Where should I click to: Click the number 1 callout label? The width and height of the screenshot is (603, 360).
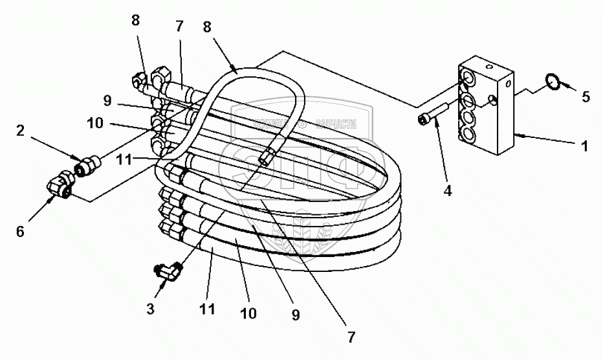(x=585, y=147)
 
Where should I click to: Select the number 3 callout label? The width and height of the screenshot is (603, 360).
(x=150, y=309)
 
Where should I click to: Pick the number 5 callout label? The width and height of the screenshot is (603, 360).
(x=586, y=97)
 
